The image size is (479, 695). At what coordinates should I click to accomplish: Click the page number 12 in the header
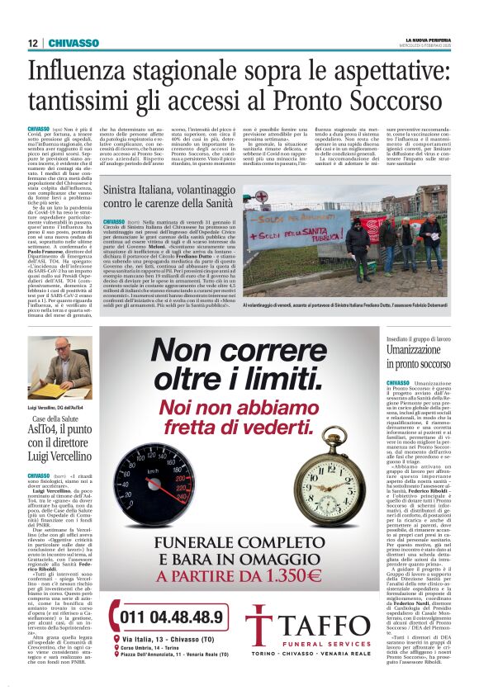click(x=32, y=43)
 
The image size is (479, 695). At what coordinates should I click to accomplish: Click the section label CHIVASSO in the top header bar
click(x=74, y=43)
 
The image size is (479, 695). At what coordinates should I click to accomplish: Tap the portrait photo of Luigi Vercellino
click(x=59, y=367)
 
